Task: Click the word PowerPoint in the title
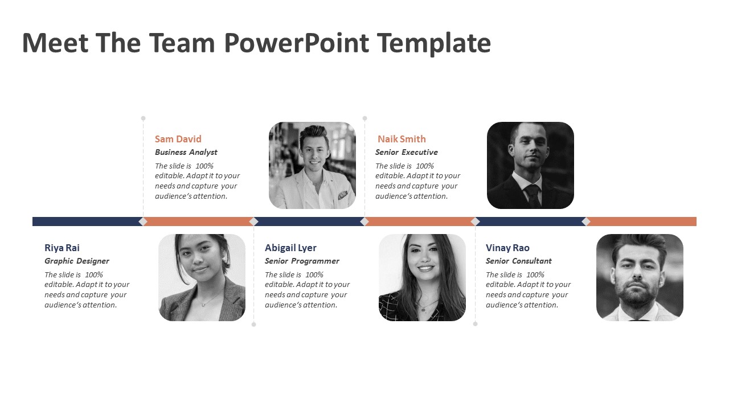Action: point(297,43)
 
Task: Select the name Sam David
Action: point(178,139)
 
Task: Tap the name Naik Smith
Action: point(402,139)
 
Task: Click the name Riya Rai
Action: point(62,248)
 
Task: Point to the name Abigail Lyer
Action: point(290,248)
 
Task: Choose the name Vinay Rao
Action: point(507,248)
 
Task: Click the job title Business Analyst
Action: point(186,152)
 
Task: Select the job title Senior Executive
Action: point(407,152)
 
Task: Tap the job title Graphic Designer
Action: point(77,261)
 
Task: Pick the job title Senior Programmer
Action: point(302,261)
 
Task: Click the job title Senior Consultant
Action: point(519,261)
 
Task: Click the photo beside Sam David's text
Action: point(312,165)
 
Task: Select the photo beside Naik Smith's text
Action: point(530,165)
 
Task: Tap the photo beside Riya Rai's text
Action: point(202,277)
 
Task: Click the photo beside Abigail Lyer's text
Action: point(422,277)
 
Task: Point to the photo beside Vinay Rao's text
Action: point(640,277)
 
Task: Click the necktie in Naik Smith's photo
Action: point(533,196)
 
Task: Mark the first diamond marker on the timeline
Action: point(143,222)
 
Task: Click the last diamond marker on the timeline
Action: point(586,222)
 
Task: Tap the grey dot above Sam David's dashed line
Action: point(143,118)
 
